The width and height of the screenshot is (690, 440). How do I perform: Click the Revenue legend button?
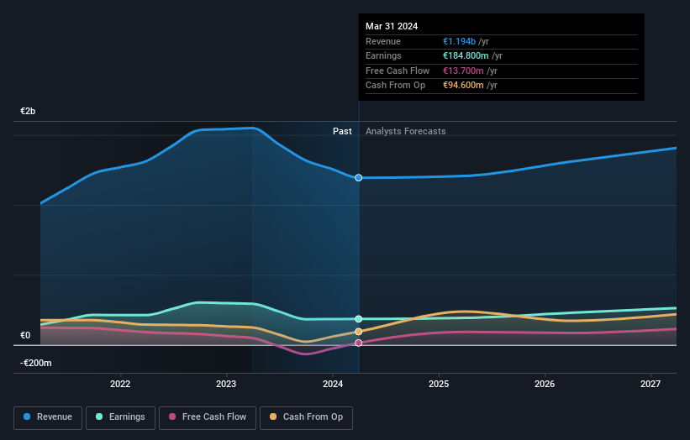click(49, 416)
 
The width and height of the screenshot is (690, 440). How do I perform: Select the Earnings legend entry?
click(120, 416)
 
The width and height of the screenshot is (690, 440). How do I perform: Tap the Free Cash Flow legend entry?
click(207, 416)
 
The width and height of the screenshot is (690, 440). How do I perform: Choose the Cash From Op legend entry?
click(307, 416)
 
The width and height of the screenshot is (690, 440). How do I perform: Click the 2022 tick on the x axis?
click(120, 385)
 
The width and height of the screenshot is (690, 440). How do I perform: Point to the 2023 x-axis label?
click(226, 385)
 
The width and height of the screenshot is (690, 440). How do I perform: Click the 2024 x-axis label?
click(333, 385)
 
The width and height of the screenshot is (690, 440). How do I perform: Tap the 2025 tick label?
click(438, 385)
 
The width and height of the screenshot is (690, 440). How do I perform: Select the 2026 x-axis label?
click(545, 385)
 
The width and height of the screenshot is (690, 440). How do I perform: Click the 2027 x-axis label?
click(650, 385)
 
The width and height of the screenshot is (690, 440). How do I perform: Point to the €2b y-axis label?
click(29, 112)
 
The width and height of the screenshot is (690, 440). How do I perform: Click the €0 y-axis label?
click(25, 336)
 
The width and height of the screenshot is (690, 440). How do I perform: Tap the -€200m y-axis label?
click(36, 363)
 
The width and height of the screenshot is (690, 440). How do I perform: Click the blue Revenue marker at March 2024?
click(359, 178)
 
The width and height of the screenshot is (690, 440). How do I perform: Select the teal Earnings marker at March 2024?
click(359, 319)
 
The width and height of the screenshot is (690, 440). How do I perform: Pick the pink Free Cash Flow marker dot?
click(359, 343)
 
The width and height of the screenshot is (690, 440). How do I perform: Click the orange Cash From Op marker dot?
click(359, 332)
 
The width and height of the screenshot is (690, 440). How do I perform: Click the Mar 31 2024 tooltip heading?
click(392, 26)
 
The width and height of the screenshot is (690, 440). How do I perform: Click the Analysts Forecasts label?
click(405, 131)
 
